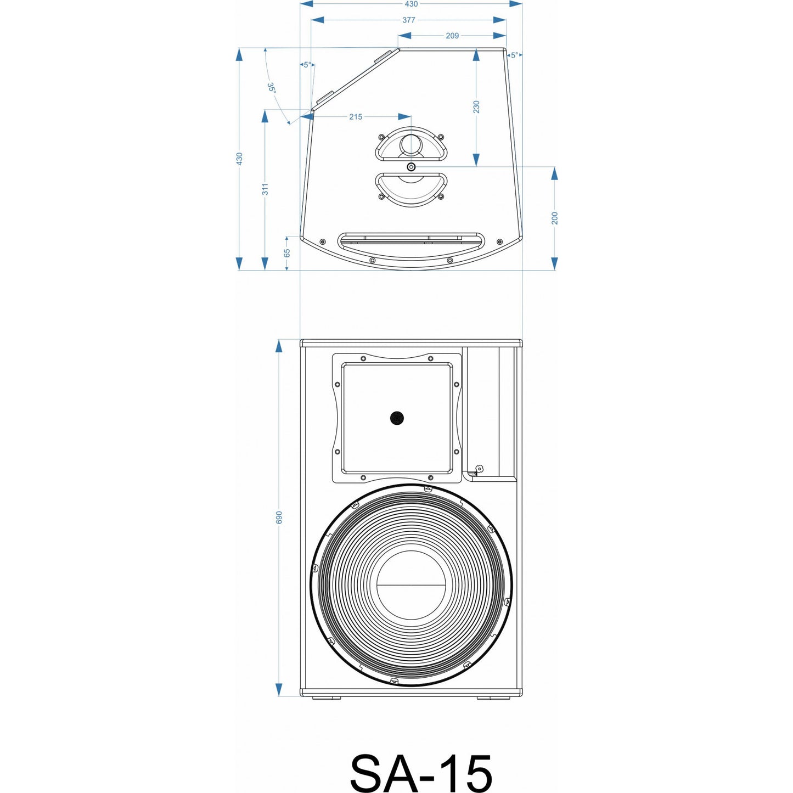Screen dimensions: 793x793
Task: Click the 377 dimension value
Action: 409,20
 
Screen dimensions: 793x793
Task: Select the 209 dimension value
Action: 452,36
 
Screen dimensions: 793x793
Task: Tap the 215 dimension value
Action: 356,117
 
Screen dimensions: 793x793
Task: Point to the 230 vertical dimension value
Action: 476,107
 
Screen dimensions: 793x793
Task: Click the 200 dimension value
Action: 555,218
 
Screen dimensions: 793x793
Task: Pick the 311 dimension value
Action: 265,189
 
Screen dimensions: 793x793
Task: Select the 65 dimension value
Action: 286,253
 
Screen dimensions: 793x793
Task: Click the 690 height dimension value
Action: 279,517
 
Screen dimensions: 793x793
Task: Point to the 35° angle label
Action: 272,88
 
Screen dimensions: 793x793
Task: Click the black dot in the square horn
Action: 397,418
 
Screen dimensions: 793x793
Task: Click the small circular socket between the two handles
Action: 411,166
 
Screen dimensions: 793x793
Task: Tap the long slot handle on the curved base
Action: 411,239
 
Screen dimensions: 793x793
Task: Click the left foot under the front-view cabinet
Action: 327,698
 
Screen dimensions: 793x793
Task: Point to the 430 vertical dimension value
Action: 239,159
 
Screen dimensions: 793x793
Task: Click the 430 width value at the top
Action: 411,4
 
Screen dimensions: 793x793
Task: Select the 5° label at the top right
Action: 514,55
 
